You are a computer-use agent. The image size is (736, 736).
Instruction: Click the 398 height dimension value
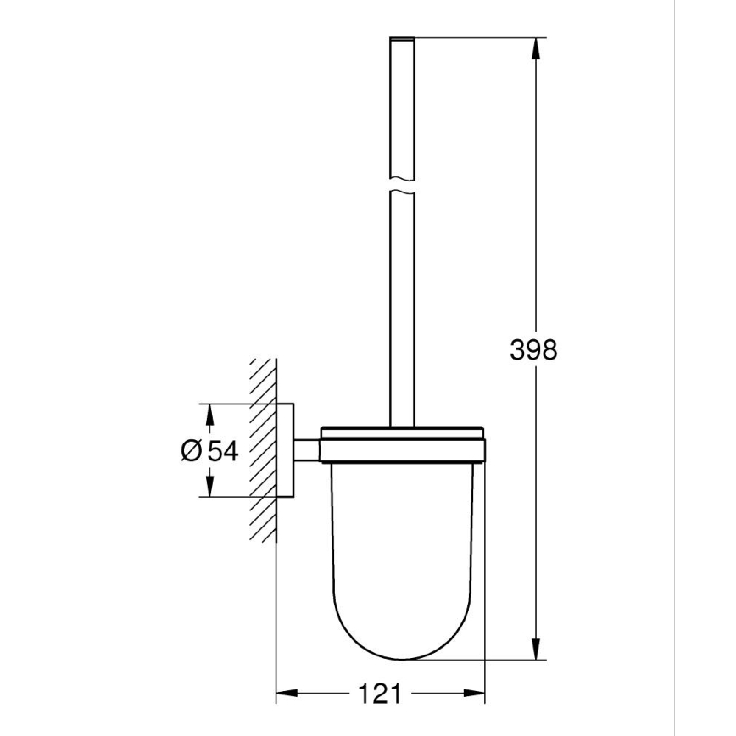pyautogui.click(x=534, y=348)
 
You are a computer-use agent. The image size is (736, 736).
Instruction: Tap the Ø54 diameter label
pyautogui.click(x=209, y=450)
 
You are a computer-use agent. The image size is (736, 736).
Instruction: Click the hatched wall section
pyautogui.click(x=263, y=449)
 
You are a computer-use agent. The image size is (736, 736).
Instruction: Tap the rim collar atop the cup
pyautogui.click(x=401, y=445)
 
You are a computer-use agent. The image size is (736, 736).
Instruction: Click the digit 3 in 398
pyautogui.click(x=518, y=348)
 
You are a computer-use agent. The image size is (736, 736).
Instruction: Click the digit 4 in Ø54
pyautogui.click(x=228, y=450)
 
